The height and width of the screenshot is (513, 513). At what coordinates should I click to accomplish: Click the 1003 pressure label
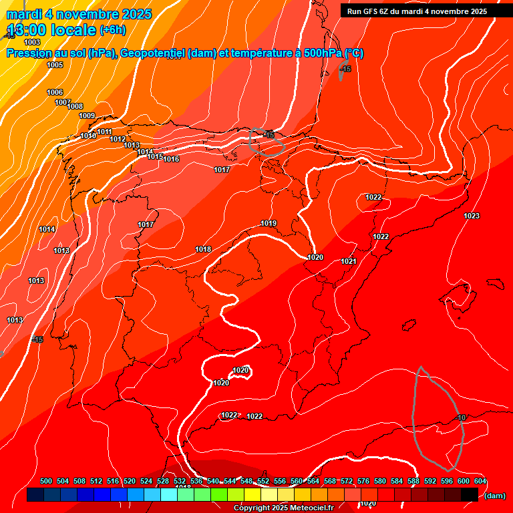click(x=32, y=42)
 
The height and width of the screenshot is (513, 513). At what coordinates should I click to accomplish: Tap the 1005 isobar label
click(x=55, y=65)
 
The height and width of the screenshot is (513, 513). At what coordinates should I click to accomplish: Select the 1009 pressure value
click(x=87, y=116)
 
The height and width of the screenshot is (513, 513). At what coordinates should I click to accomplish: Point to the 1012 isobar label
click(x=118, y=139)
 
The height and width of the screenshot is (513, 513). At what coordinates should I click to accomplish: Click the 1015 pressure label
click(x=155, y=156)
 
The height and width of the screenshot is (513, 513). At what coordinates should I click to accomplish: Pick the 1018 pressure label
click(x=203, y=249)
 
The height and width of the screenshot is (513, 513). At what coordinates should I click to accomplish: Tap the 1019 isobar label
click(x=269, y=223)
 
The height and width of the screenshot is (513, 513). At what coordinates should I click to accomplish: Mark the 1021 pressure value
click(x=348, y=261)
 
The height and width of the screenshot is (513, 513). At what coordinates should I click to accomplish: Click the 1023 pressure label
click(x=472, y=215)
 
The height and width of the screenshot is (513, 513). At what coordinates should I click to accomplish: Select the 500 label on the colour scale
click(x=46, y=481)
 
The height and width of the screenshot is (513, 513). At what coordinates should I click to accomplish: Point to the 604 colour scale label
click(x=480, y=481)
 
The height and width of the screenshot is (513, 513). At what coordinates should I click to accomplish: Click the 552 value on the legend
click(x=263, y=481)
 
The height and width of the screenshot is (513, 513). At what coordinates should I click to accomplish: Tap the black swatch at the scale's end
click(x=469, y=495)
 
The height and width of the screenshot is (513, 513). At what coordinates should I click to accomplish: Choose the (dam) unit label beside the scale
click(x=494, y=496)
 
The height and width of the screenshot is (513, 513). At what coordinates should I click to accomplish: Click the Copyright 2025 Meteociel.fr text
click(x=283, y=508)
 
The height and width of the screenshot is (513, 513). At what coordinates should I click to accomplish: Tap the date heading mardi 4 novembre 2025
click(x=79, y=14)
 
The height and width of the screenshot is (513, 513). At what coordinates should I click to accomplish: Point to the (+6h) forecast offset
click(x=112, y=30)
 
